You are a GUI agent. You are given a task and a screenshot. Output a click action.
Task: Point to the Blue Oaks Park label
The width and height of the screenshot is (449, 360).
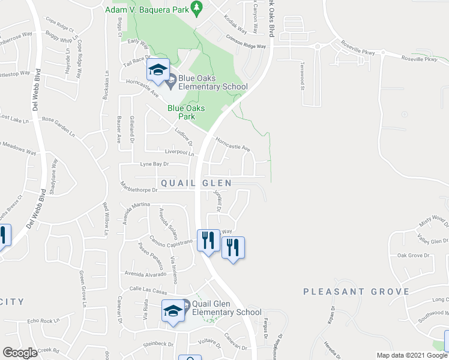point(186,112)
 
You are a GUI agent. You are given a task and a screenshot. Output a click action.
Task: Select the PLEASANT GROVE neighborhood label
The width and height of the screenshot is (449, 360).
point(357,292)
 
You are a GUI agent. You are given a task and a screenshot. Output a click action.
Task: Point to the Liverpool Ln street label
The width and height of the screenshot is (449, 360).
point(176,153)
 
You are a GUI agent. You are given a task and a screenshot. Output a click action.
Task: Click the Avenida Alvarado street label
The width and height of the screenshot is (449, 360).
point(145,274)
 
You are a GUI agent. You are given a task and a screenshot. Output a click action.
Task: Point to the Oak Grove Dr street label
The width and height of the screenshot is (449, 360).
point(414,255)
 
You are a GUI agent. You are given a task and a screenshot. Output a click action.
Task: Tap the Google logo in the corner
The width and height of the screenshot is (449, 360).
point(20,353)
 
